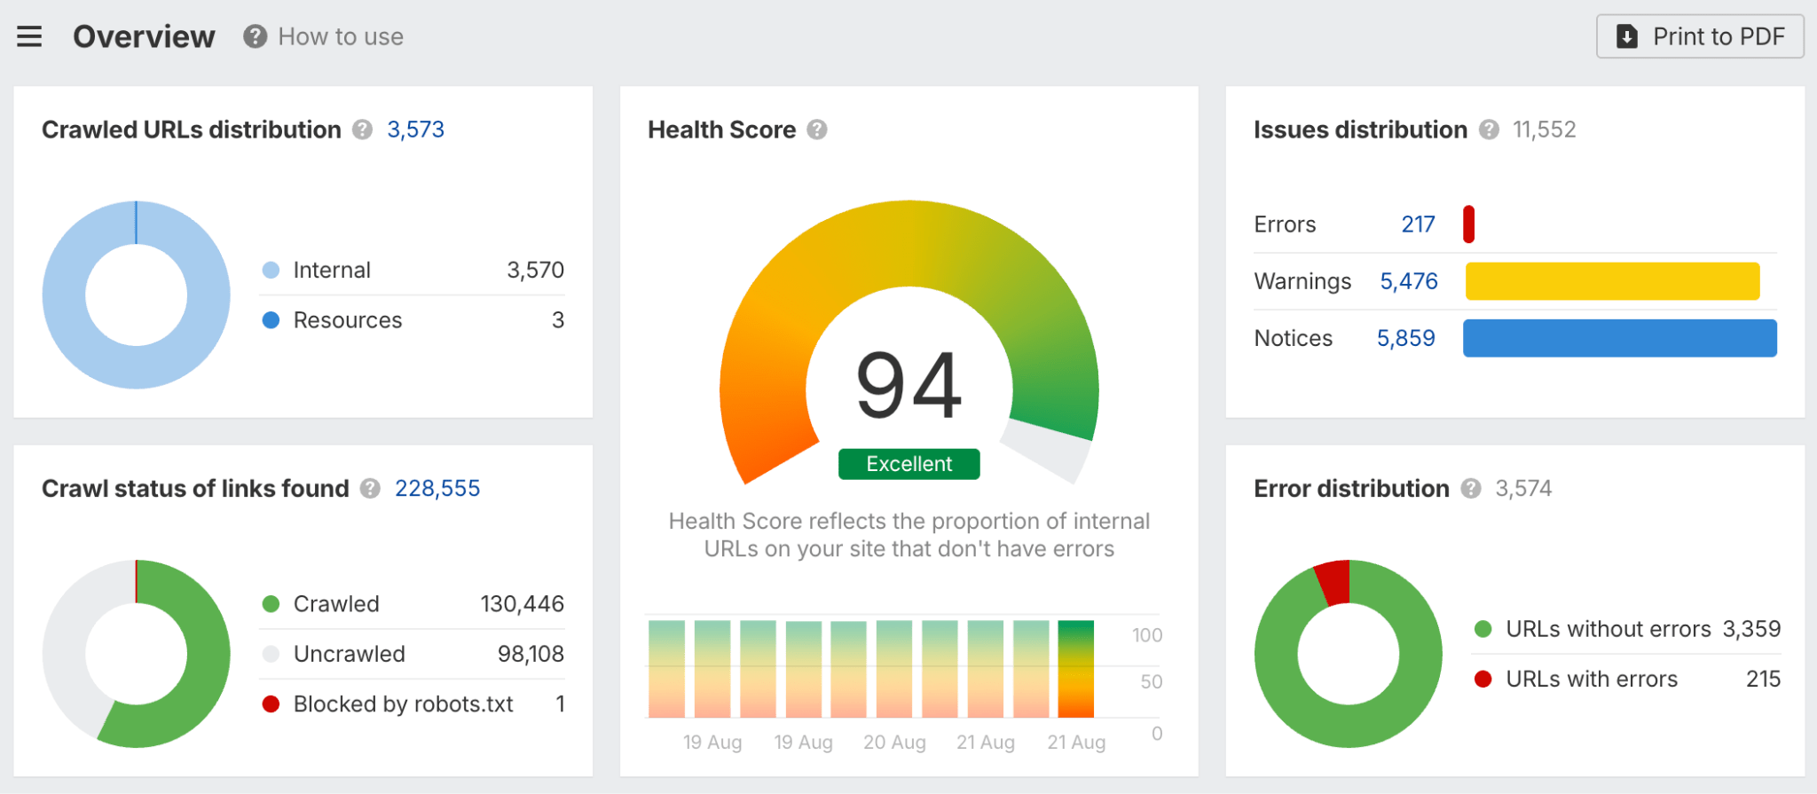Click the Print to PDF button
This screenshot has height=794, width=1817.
(x=1700, y=36)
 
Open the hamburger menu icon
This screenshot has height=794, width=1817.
(x=29, y=36)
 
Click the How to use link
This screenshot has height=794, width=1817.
(x=340, y=36)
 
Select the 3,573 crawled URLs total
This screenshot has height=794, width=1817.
(x=415, y=130)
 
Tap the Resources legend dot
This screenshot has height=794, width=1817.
(x=271, y=320)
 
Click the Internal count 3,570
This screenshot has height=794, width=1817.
(x=535, y=270)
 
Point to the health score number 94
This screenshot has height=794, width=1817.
(x=908, y=386)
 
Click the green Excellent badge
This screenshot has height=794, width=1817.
(x=908, y=464)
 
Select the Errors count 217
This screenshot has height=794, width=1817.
(x=1418, y=224)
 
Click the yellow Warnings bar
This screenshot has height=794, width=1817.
(x=1612, y=281)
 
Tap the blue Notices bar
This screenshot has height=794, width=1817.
(x=1619, y=338)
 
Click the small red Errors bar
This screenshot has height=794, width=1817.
(x=1468, y=224)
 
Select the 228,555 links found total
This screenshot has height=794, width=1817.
(x=437, y=489)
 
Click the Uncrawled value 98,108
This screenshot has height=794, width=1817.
(x=531, y=654)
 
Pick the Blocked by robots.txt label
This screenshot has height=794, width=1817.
(x=403, y=704)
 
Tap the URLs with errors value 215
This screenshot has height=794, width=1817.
(x=1763, y=680)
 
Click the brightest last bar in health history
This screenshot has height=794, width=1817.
(x=1075, y=669)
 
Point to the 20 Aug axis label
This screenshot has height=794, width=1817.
(x=894, y=743)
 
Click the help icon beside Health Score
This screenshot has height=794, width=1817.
(x=817, y=130)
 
